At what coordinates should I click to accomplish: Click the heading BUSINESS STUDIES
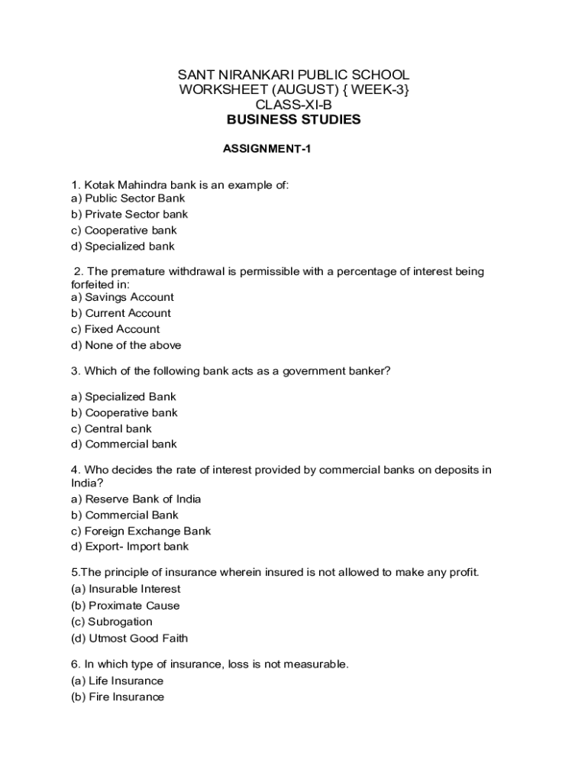click(x=294, y=120)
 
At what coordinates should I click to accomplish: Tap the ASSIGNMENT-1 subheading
click(x=267, y=150)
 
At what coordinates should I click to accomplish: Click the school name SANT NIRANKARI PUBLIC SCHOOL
click(x=294, y=75)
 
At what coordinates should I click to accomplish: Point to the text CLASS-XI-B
click(x=294, y=105)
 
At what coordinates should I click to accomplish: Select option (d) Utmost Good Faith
click(x=129, y=638)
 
